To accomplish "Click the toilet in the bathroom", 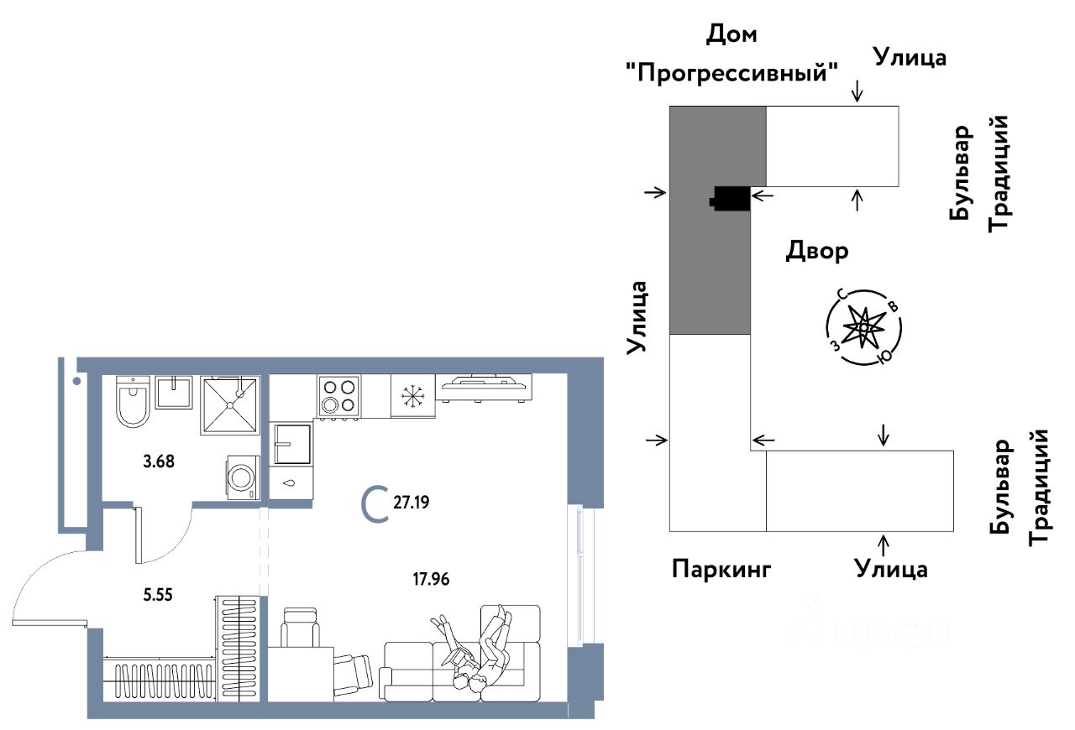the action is [x=133, y=402].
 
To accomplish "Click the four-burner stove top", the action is [x=338, y=395].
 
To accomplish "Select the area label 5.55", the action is [x=161, y=594].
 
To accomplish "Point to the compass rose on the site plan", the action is [x=863, y=326].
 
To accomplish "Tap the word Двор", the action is [x=817, y=250].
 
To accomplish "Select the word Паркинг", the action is [x=721, y=570].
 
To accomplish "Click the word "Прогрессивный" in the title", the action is [x=732, y=72].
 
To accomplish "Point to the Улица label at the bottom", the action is [x=891, y=570].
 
